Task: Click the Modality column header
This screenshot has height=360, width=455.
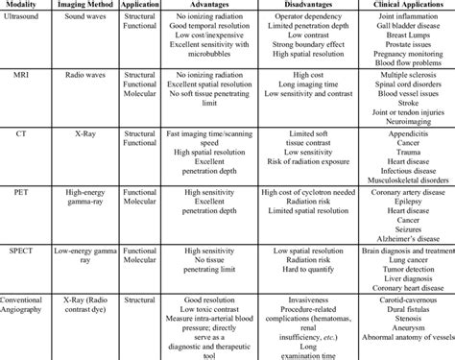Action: click(x=23, y=6)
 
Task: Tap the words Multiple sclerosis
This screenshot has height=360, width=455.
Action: click(x=396, y=73)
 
